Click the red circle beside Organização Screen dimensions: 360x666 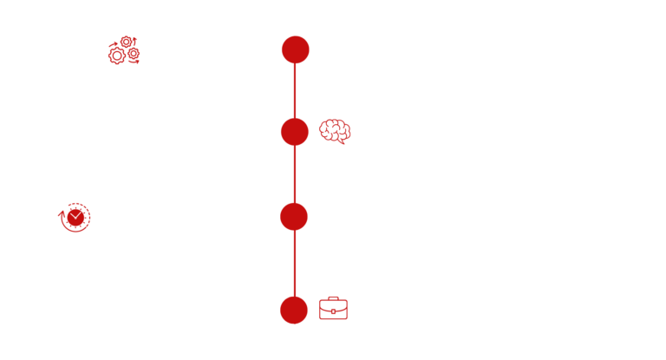[x=295, y=49]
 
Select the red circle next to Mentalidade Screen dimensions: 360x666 [x=295, y=132]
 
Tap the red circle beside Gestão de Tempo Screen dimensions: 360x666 [x=295, y=217]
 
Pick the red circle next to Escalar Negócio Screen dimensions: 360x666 [x=295, y=310]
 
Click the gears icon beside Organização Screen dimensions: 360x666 [x=123, y=50]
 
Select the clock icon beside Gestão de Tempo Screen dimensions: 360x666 [x=74, y=218]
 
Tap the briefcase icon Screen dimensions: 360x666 [x=333, y=308]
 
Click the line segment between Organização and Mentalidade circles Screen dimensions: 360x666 [x=295, y=91]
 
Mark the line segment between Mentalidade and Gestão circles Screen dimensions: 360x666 [x=295, y=174]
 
